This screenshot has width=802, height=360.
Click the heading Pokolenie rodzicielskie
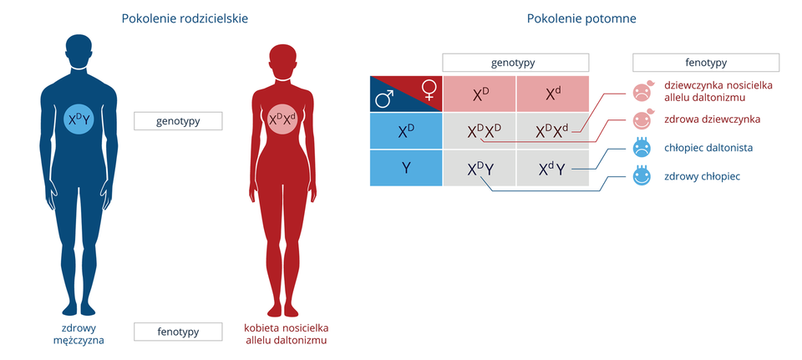pos(184,18)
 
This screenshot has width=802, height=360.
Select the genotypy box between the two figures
pos(178,121)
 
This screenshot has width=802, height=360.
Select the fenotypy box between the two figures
pos(178,332)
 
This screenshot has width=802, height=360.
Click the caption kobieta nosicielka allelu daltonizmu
pos(285,334)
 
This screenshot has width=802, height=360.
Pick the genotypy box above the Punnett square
pos(515,63)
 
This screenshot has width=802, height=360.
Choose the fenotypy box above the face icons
pos(706,63)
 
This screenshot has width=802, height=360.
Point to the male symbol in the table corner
pos(384,99)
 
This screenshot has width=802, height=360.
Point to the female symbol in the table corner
pos(429,89)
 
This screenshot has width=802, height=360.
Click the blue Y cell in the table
pos(406,168)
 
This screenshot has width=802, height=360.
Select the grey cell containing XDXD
pos(480,131)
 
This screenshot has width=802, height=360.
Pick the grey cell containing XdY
pos(552,168)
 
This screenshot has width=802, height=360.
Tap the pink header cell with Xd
pos(552,94)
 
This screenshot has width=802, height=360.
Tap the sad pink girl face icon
pos(642,91)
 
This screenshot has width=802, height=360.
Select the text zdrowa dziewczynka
pos(712,119)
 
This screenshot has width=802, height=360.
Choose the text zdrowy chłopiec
pos(702,176)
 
